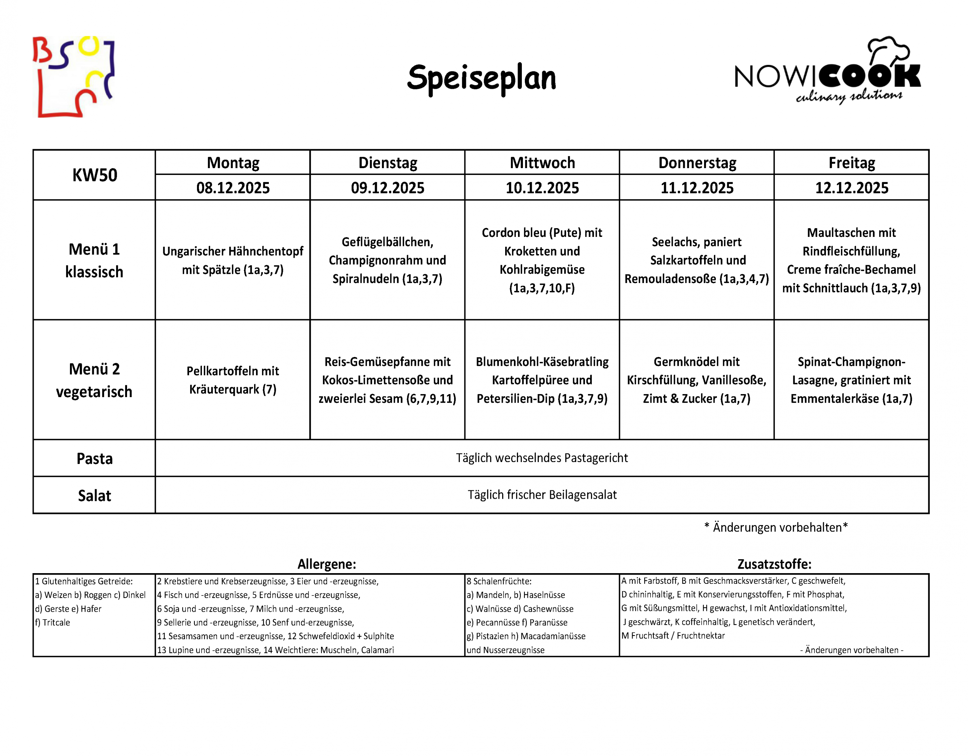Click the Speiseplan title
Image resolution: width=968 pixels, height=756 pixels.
[x=481, y=78]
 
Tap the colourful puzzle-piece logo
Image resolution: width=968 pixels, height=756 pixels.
[x=74, y=77]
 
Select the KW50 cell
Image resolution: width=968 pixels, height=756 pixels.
[x=95, y=175]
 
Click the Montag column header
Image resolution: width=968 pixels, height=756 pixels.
[x=233, y=162]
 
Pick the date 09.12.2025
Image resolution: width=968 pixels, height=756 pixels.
[x=387, y=188]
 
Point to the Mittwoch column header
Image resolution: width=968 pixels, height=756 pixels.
[x=542, y=162]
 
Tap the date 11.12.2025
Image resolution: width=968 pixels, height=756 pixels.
[x=697, y=188]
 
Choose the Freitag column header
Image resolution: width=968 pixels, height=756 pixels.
[x=852, y=162]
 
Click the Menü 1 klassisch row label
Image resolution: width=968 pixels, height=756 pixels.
[x=95, y=260]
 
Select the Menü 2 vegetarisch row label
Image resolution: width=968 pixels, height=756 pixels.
[x=95, y=380]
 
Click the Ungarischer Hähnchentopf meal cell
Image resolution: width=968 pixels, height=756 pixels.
[x=233, y=260]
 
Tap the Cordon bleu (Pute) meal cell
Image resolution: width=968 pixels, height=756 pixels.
[x=542, y=260]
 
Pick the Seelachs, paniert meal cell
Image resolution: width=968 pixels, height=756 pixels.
[x=697, y=260]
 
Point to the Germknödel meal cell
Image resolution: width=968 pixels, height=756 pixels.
[x=697, y=380]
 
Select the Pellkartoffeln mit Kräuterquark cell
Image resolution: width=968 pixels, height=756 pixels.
[x=233, y=380]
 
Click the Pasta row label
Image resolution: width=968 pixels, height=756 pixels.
[x=95, y=458]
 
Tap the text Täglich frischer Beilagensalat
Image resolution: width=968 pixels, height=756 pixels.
[x=542, y=495]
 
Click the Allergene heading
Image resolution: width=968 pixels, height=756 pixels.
[x=327, y=564]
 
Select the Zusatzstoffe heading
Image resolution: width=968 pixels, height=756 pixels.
[x=774, y=564]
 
